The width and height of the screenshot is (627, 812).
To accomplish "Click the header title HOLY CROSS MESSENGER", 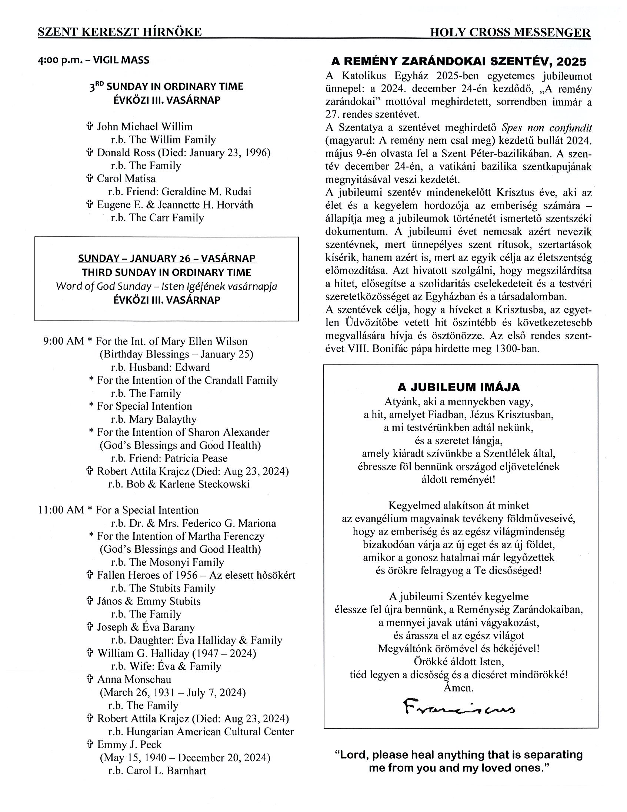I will coord(510,33).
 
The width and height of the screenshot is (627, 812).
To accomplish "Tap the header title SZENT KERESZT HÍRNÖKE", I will coord(120,32).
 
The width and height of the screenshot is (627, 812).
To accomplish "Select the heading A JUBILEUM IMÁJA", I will coord(458,387).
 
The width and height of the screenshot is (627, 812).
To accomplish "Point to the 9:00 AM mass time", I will coord(64,341).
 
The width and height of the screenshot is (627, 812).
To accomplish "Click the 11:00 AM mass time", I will coord(61,510).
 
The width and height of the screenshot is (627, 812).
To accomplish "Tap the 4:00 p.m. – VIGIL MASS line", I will coord(94,60).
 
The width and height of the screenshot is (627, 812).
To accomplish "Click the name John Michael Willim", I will coord(144,126).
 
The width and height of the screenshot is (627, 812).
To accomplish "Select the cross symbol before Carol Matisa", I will coord(89,179).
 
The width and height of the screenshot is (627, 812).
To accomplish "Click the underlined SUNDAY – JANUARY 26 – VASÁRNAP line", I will coord(167,259).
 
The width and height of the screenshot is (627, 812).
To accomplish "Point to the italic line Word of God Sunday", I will coord(167,286).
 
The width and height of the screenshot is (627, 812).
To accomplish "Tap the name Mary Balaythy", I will coord(163,419).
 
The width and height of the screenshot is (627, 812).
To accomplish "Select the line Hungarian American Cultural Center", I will coord(210,731).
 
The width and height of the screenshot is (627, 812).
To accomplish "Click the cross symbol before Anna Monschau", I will coord(89,679).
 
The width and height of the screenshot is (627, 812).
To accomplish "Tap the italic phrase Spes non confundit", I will coord(546,128).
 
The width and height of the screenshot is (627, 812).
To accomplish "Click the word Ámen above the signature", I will coord(458,688).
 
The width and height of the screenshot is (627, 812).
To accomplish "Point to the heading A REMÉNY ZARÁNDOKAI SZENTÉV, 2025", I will coord(458,61).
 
